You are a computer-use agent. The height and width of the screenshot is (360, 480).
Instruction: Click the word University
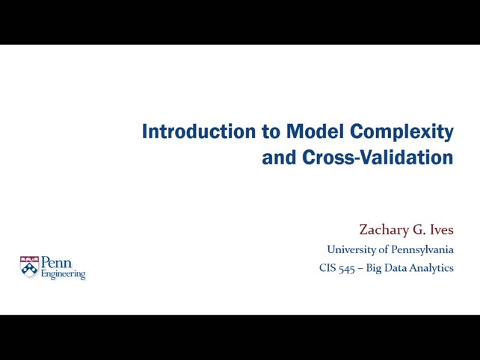click(x=352, y=249)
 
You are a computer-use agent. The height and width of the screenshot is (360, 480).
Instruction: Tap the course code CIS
click(x=327, y=267)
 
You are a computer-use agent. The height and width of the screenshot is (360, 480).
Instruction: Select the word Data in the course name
click(x=398, y=267)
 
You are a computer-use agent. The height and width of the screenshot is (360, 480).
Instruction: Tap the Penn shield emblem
click(x=29, y=267)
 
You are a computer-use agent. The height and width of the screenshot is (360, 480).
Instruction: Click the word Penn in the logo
click(x=57, y=263)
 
